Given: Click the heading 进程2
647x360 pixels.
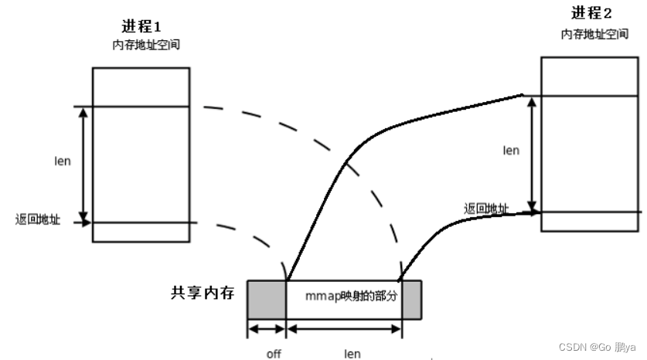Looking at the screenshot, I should click(593, 13).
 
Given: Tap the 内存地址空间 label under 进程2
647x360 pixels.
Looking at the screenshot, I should click(594, 35).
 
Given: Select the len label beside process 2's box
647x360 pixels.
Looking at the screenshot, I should click(511, 150).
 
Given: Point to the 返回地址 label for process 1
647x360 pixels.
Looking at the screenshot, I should click(37, 219).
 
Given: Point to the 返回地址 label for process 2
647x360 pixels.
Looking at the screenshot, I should click(486, 209).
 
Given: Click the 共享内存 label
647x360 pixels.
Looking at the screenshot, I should click(203, 294).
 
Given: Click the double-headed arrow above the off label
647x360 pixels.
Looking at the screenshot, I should click(267, 328).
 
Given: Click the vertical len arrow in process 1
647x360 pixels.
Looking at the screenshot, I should click(83, 165).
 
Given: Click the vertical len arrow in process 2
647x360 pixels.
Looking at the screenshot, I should click(531, 152).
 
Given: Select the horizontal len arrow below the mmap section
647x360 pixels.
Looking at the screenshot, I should click(344, 328).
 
